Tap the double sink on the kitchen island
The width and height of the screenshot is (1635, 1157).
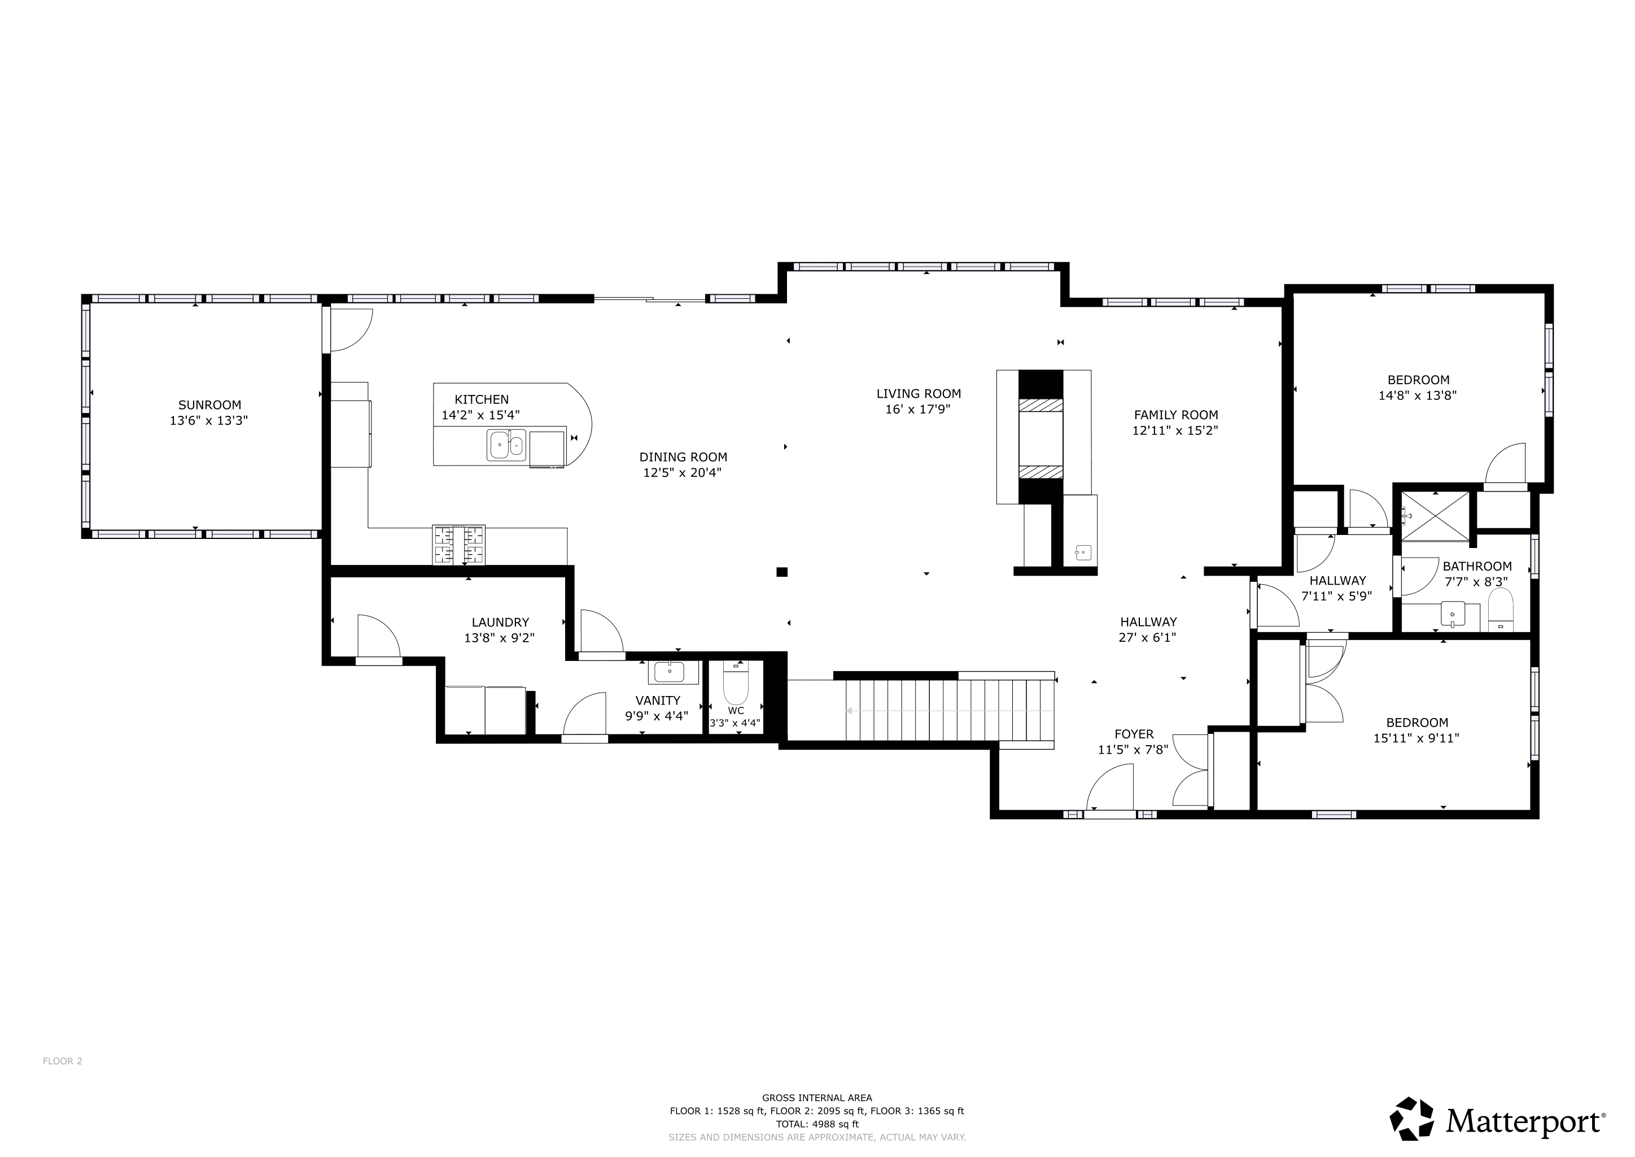(506, 445)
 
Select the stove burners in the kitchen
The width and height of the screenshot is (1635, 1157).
(458, 545)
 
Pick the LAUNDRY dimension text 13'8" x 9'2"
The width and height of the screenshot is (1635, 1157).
(499, 638)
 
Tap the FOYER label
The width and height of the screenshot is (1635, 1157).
(1134, 734)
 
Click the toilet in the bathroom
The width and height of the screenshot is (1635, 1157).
(1501, 610)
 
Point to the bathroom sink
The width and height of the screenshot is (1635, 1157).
(1453, 614)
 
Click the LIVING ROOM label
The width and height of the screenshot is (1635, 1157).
(919, 393)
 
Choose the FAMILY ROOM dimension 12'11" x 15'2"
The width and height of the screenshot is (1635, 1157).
(1175, 430)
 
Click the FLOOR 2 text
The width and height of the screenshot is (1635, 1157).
(63, 1081)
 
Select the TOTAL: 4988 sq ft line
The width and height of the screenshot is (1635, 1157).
(817, 1124)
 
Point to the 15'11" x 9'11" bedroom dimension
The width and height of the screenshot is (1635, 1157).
(1417, 738)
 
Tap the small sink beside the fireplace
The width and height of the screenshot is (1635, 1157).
(1082, 551)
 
